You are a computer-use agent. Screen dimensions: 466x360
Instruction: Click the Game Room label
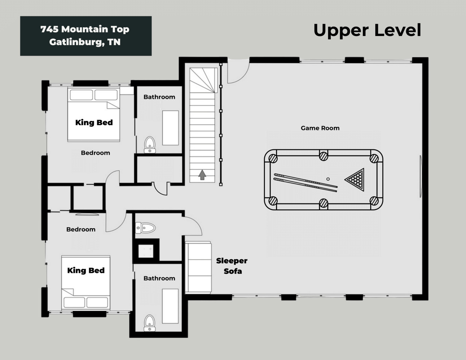(x=320, y=128)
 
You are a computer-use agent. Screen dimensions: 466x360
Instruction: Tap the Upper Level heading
(x=367, y=30)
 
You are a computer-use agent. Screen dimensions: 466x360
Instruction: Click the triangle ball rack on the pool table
(x=355, y=179)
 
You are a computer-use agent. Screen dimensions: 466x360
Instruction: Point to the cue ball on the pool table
(x=328, y=179)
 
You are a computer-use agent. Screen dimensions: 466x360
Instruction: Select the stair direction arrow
(x=202, y=175)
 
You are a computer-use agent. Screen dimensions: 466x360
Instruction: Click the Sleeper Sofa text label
(x=232, y=266)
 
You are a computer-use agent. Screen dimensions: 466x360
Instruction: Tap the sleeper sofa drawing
(x=198, y=268)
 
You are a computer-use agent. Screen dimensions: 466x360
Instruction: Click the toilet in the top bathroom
(x=150, y=145)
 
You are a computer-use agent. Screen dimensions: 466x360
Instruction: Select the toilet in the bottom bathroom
(x=150, y=323)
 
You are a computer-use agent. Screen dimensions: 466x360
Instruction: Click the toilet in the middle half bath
(x=145, y=228)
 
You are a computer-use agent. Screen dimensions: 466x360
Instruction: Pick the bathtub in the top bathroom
(x=170, y=128)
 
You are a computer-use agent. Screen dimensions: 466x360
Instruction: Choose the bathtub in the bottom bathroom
(x=170, y=306)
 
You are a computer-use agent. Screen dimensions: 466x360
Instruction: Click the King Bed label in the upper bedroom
(x=94, y=122)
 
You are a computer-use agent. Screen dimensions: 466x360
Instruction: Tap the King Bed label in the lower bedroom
(x=86, y=270)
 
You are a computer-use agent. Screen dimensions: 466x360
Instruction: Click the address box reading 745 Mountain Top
(x=86, y=36)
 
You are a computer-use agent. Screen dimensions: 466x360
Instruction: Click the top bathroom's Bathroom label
(x=159, y=97)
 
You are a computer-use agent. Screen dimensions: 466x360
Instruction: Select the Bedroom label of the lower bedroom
(x=81, y=229)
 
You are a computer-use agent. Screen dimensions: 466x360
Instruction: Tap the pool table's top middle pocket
(x=323, y=156)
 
